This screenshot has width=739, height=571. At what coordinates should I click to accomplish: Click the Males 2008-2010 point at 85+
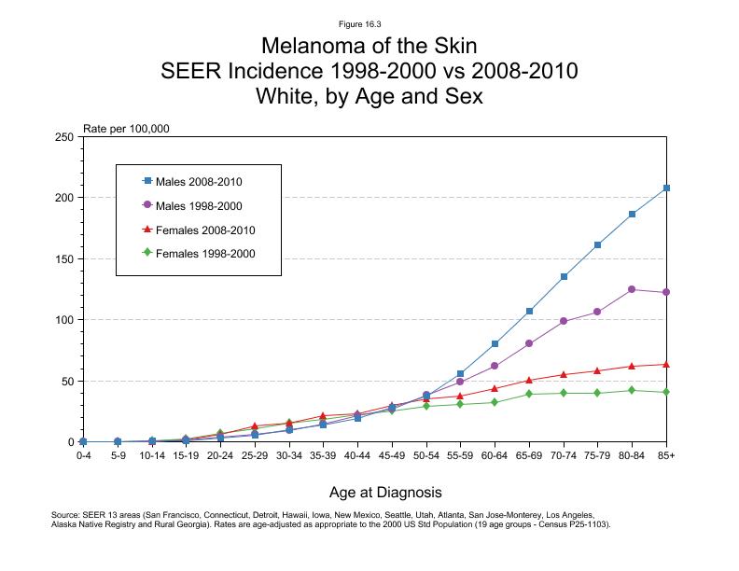coord(666,188)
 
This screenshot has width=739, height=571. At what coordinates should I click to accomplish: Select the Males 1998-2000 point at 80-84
coord(632,289)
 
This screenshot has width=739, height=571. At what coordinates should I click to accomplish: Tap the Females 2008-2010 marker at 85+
coord(666,364)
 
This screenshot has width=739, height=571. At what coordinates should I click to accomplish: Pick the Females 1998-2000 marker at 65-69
coord(529,394)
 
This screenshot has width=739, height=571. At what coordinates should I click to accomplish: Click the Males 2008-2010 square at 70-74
coord(564,276)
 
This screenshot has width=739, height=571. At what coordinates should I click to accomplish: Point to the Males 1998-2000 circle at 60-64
coord(495,366)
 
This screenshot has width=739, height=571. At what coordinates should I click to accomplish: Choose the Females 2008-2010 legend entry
coord(198,229)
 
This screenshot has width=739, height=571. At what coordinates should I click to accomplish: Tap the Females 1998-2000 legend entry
coord(198,253)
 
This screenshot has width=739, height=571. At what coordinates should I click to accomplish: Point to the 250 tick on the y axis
coord(65,137)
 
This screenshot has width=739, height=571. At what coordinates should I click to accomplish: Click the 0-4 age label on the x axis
coord(83,457)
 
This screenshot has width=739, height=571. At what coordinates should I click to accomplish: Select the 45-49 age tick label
coord(392,457)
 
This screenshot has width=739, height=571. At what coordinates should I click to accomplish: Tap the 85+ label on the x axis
coord(666,457)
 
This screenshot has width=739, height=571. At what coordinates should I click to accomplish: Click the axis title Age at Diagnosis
coord(385,492)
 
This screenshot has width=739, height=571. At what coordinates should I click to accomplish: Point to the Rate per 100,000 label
coord(126,129)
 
